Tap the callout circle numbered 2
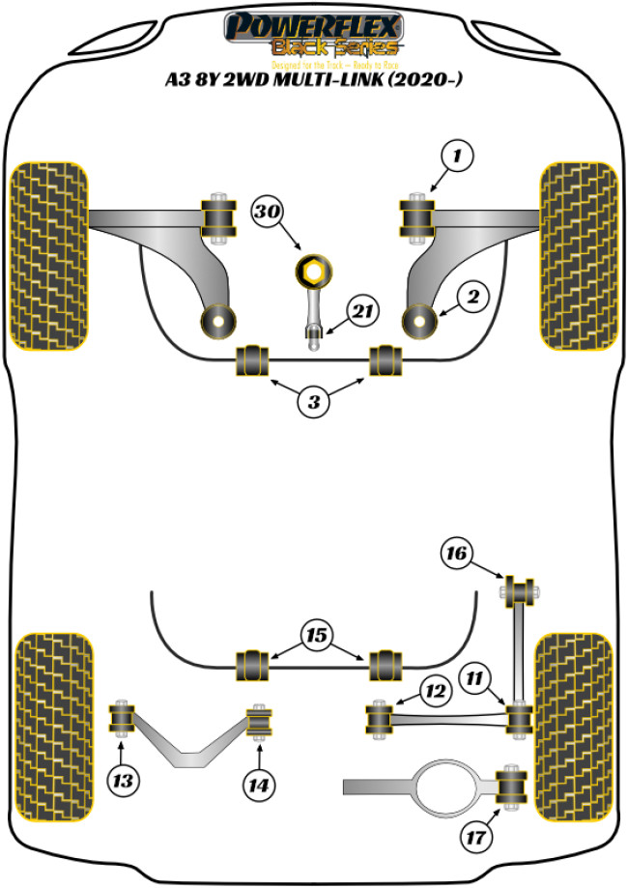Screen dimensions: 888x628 pos(472,299)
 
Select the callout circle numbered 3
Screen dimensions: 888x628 pos(313,402)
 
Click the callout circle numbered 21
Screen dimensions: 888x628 pos(361,312)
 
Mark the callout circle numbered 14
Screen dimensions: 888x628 pos(256,785)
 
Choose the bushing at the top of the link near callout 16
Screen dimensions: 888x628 pos(519,588)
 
